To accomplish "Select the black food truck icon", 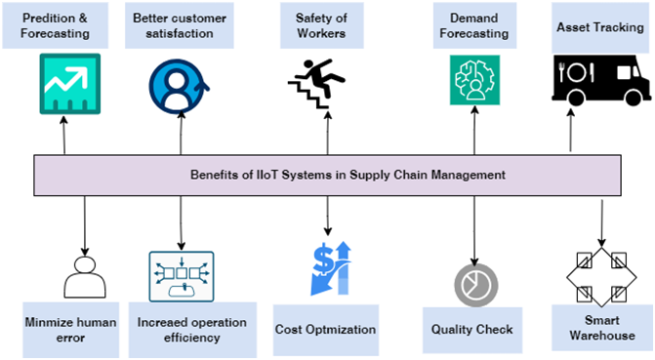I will pos(597,80).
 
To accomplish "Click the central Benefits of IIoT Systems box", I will pos(328,175).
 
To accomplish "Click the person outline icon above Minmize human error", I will pos(85,276).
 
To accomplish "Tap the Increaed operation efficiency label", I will pos(191,329).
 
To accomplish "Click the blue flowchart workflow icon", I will pos(181,276).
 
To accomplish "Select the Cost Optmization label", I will pos(325,330).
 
